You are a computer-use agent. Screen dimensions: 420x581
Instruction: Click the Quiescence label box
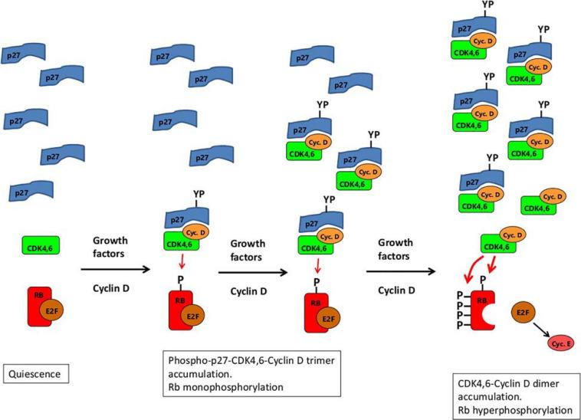click(37, 374)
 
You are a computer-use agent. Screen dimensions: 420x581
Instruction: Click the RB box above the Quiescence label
click(38, 305)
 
